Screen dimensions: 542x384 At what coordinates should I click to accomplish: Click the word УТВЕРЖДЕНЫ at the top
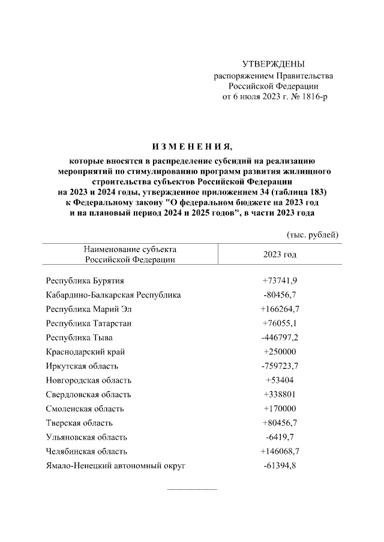coord(274,64)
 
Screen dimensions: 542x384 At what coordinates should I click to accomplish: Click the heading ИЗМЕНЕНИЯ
coord(191,147)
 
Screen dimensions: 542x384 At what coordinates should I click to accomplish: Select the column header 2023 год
coord(280,254)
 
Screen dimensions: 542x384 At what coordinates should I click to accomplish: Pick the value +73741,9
coord(280,280)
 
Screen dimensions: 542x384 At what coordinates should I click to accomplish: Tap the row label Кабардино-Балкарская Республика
coord(113,295)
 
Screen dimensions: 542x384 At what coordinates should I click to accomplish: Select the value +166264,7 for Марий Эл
coord(280,309)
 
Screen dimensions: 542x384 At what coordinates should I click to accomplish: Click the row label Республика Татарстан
coord(89,323)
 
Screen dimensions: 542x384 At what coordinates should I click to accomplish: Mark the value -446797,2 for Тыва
coord(280,337)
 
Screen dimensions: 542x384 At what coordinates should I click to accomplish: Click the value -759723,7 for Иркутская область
coord(280,366)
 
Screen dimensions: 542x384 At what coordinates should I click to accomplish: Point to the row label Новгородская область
coord(88,380)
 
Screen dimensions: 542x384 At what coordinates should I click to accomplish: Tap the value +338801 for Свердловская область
coord(280,395)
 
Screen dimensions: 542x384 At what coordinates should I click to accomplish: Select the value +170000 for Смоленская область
coord(280,409)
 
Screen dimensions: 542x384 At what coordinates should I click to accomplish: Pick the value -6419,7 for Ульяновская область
coord(280,437)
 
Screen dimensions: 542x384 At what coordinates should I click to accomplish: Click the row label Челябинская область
coord(86,452)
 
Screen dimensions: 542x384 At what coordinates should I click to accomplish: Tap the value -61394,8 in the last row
coord(280,466)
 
